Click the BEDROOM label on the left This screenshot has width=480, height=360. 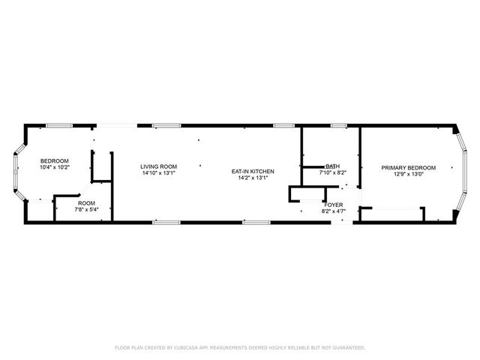click(x=55, y=161)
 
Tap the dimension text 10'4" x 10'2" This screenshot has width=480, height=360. click(x=55, y=168)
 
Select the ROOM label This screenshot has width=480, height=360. click(x=86, y=203)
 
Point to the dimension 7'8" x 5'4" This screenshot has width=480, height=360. click(x=86, y=210)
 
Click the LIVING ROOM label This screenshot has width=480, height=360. click(x=159, y=166)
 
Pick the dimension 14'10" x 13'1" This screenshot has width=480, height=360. click(x=159, y=173)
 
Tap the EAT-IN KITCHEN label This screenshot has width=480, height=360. click(x=253, y=172)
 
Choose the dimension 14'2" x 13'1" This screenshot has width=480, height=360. click(x=253, y=178)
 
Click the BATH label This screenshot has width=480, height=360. click(x=332, y=166)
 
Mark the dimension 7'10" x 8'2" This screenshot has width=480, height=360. click(x=332, y=173)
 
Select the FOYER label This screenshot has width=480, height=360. click(x=333, y=204)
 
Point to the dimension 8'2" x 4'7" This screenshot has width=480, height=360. click(x=333, y=211)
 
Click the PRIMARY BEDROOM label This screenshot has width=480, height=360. click(x=407, y=167)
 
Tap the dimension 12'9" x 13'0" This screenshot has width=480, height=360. click(x=407, y=174)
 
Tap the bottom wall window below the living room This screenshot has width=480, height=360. click(x=166, y=222)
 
